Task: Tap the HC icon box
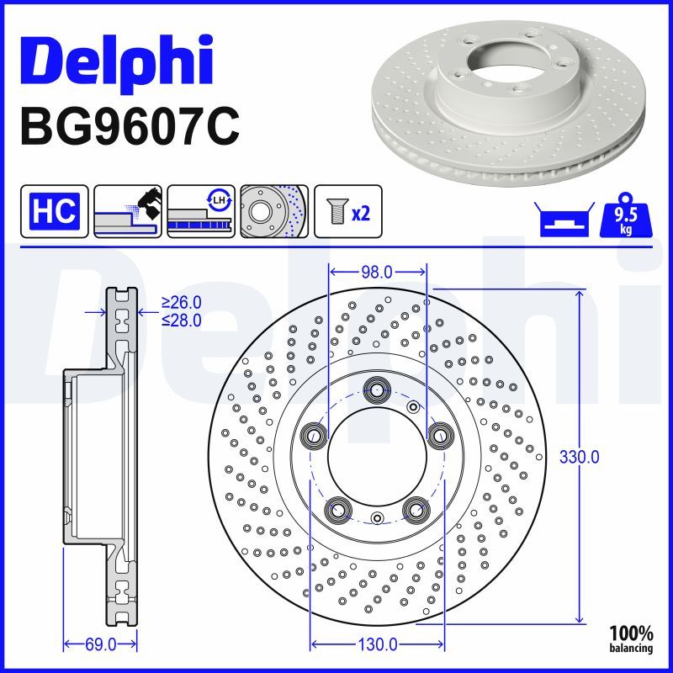[x=53, y=211]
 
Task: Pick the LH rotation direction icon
[x=200, y=211]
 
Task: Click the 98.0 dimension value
[x=376, y=272]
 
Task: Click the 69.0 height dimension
[x=100, y=644]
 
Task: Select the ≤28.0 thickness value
[x=182, y=319]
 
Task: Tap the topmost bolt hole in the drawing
[x=376, y=389]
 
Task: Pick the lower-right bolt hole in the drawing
[x=414, y=509]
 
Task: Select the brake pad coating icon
[x=129, y=211]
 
